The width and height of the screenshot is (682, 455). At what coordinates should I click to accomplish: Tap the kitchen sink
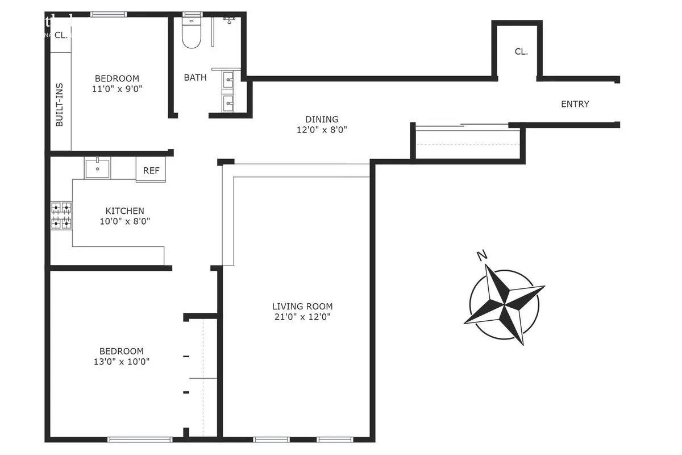click(98, 168)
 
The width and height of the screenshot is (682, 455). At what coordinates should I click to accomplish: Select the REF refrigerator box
click(151, 171)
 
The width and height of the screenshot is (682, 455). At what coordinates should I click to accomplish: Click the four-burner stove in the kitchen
click(61, 215)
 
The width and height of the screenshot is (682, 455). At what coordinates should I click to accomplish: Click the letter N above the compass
click(483, 255)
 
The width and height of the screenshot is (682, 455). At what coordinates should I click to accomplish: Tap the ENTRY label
click(575, 104)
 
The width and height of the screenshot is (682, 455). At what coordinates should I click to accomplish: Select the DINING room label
click(322, 119)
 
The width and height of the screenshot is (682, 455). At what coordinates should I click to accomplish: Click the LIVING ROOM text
click(302, 306)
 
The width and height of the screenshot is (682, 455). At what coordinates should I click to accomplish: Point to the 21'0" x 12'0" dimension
click(302, 316)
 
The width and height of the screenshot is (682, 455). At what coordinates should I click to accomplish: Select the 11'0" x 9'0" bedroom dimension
click(117, 89)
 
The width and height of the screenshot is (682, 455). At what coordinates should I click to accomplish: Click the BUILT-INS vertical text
click(60, 105)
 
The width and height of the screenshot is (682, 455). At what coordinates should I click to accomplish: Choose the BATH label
click(195, 77)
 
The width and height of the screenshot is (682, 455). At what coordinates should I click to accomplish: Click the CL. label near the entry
click(521, 51)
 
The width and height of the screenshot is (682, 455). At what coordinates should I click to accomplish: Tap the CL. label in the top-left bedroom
click(61, 35)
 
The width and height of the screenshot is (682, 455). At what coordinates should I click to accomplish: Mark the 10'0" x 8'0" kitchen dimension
click(124, 221)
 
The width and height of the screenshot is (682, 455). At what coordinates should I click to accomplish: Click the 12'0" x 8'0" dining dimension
click(322, 130)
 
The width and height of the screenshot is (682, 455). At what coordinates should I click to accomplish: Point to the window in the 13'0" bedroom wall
click(140, 439)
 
